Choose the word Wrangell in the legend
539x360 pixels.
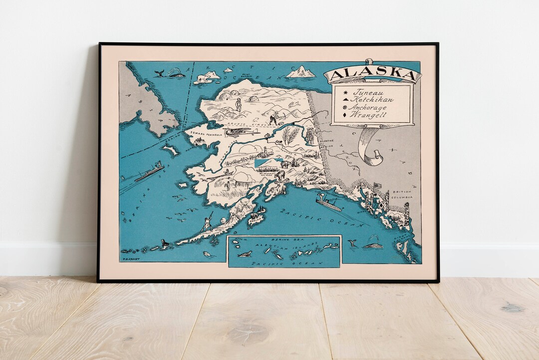tap(370, 114)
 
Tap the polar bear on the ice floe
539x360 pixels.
tap(203, 78)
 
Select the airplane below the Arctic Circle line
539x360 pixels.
tap(238, 133)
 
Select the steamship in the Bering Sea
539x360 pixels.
tap(150, 171)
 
